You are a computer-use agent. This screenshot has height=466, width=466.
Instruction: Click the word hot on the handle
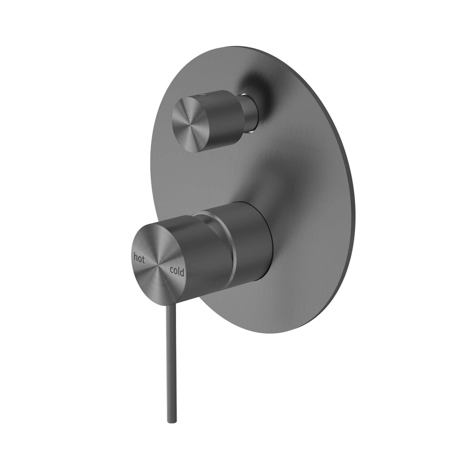click(139, 258)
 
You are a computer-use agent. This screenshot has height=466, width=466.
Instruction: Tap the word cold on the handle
click(177, 271)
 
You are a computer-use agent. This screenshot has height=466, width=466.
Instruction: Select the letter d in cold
click(183, 273)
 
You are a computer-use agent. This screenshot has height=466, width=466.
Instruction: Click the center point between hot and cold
click(159, 264)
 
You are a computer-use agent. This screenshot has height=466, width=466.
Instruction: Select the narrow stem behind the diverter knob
click(250, 114)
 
